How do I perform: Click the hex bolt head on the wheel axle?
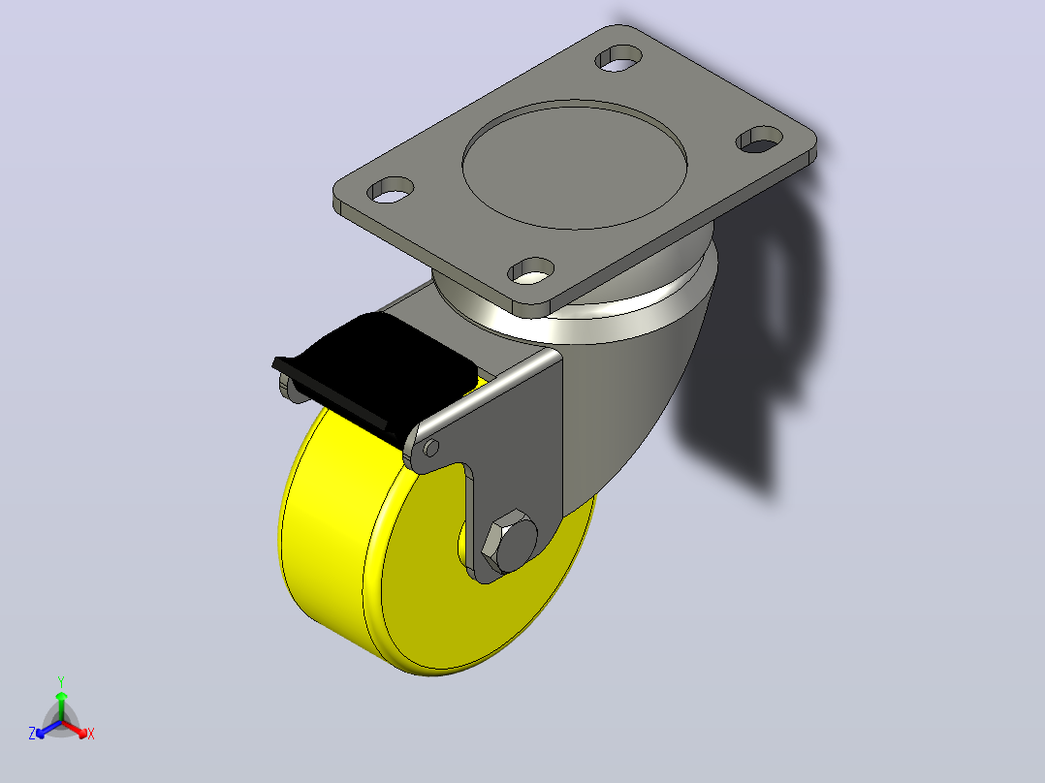click(x=509, y=541)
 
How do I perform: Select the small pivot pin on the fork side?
click(x=431, y=447)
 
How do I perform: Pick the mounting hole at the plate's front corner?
click(x=531, y=270)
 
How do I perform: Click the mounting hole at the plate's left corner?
click(x=391, y=190)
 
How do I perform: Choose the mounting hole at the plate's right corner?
click(x=759, y=139)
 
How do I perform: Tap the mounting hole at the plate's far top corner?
click(x=618, y=58)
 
